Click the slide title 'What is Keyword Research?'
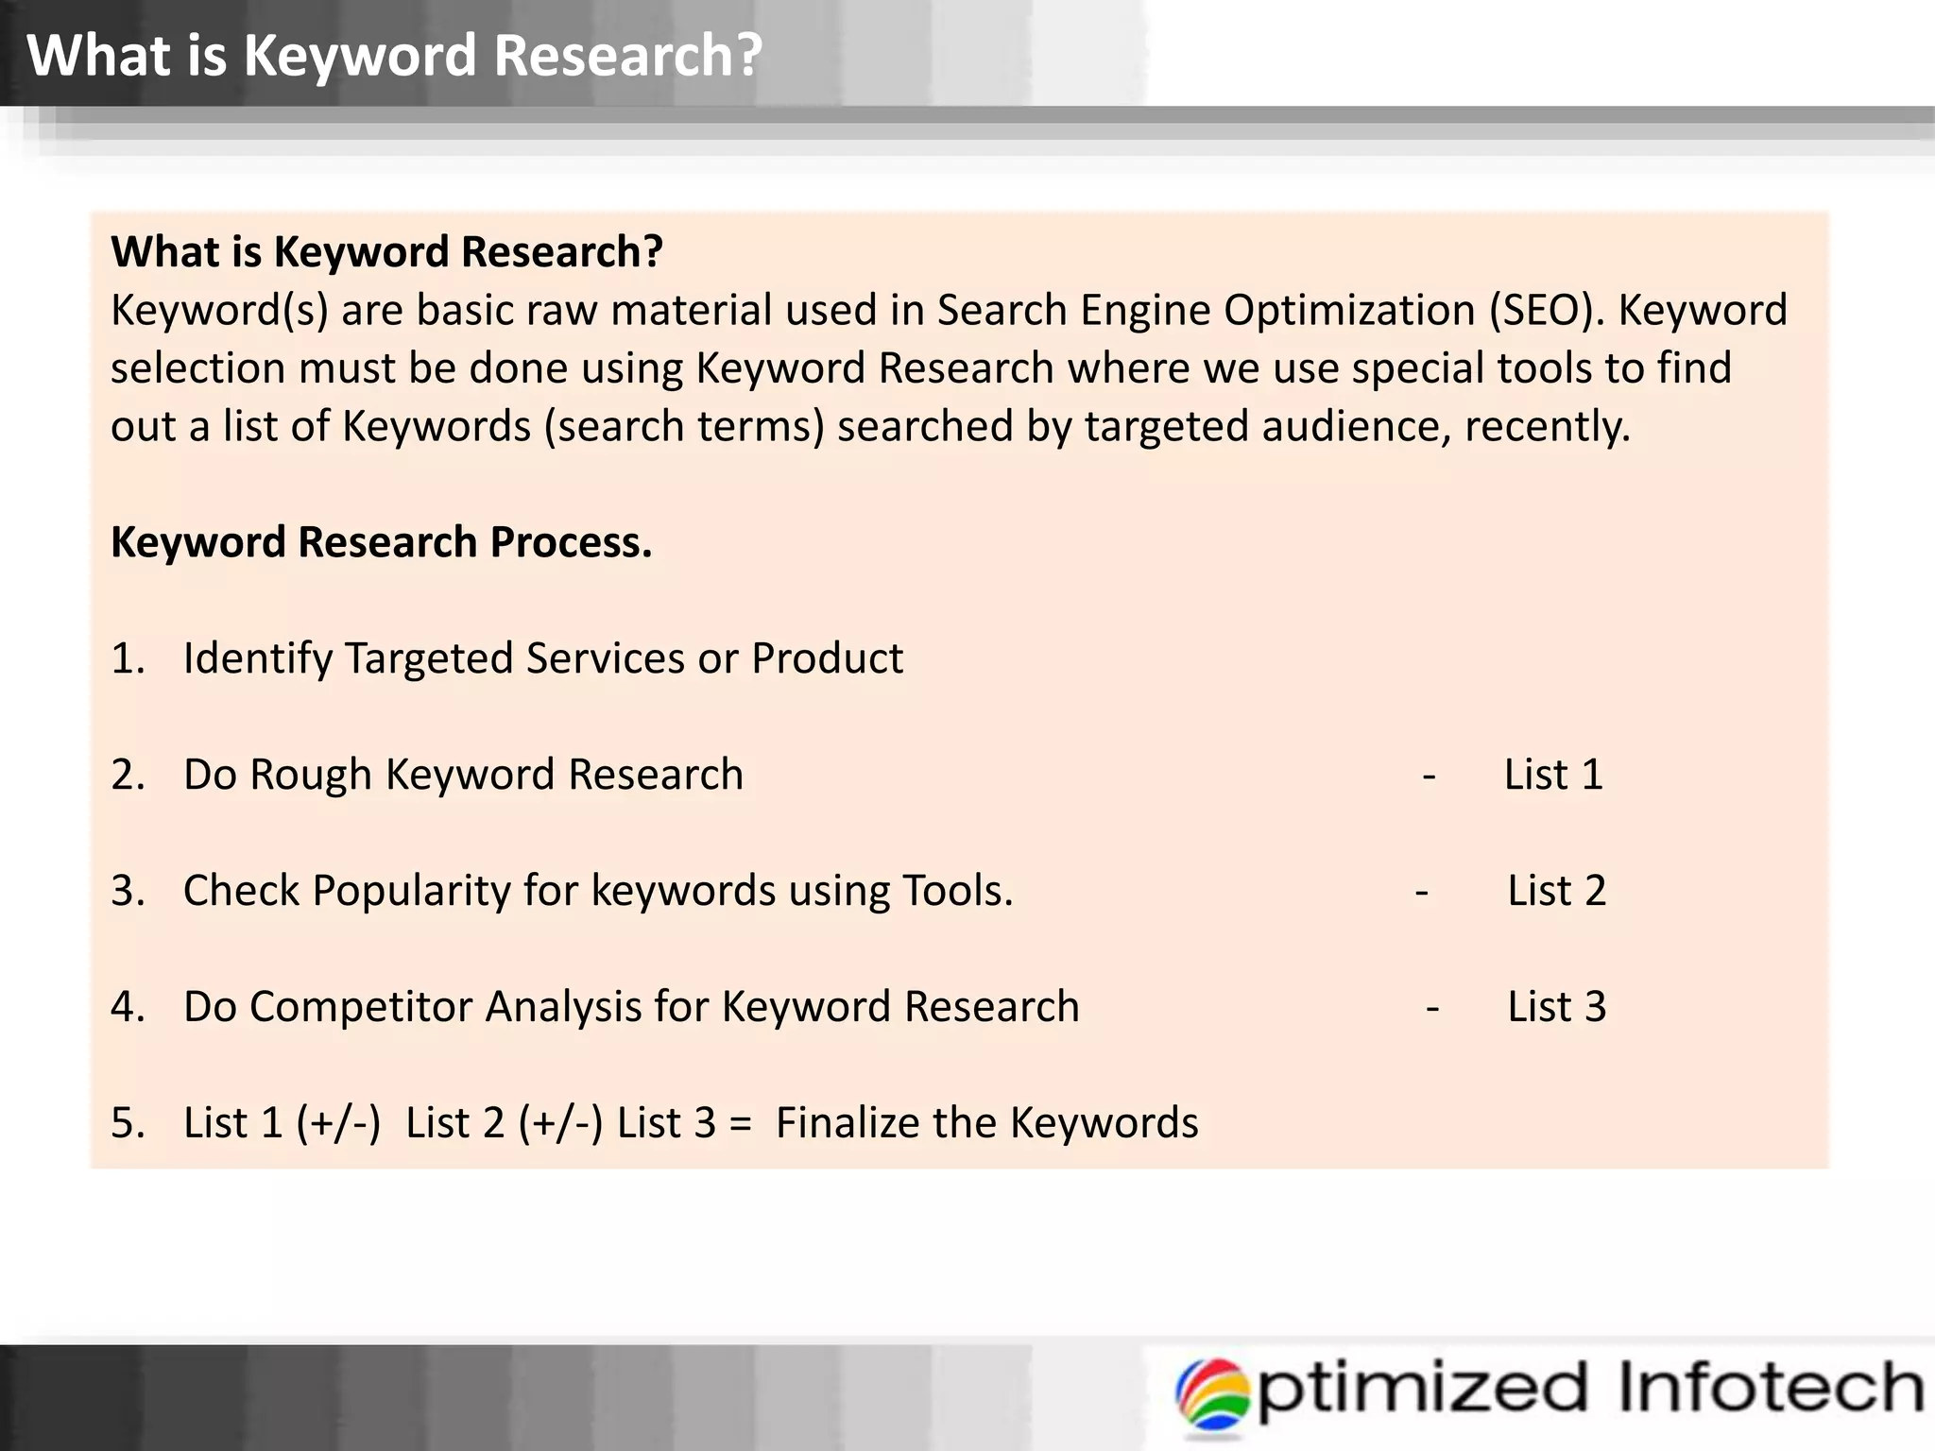click(394, 55)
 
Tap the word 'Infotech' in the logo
click(1771, 1387)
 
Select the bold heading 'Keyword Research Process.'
click(381, 542)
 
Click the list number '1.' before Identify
click(128, 658)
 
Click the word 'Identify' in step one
click(256, 658)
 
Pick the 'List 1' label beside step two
click(1553, 775)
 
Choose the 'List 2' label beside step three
click(1556, 891)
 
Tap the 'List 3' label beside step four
click(1556, 1007)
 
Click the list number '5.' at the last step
click(128, 1123)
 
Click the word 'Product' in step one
click(827, 658)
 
